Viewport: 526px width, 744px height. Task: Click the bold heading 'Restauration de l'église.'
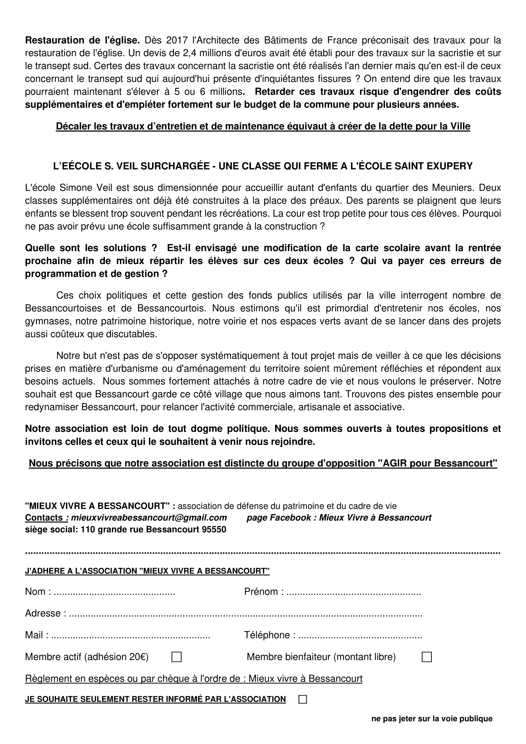click(82, 40)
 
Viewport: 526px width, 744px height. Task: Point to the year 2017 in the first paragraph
click(177, 40)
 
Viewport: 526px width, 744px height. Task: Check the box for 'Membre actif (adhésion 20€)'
click(176, 657)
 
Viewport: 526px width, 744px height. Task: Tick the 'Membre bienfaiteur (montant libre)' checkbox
click(426, 657)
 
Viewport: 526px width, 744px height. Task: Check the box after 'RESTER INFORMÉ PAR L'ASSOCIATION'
click(302, 699)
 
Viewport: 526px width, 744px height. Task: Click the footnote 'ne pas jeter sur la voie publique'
click(432, 719)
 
